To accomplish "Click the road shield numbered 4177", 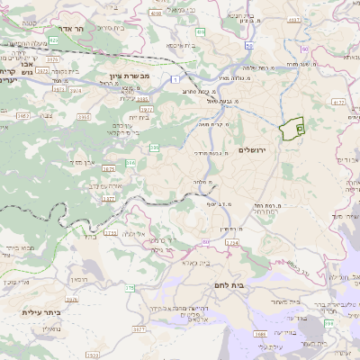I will (338, 103).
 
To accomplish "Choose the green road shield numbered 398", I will (328, 323).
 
